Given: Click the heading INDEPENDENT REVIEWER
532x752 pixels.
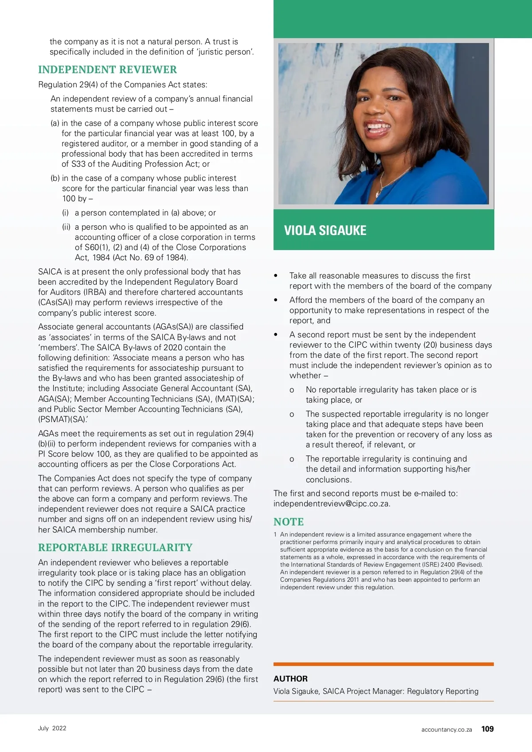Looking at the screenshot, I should (x=107, y=70).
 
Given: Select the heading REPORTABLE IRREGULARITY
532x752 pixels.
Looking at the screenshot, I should (x=115, y=548).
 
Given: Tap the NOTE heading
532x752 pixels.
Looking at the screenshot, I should (x=289, y=522).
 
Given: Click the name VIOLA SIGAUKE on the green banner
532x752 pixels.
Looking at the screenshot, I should (x=325, y=231).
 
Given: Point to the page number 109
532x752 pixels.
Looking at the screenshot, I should (x=487, y=729).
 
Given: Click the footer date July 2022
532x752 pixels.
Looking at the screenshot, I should (x=52, y=728).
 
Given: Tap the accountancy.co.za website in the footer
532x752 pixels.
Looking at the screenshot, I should (x=446, y=729).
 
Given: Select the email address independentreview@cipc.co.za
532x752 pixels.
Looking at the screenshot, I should (x=332, y=504).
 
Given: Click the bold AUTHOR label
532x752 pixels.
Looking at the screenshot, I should (x=290, y=678).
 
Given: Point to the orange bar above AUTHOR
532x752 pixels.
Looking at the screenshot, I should (x=383, y=664).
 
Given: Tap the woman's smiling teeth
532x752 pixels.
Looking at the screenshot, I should (x=378, y=127).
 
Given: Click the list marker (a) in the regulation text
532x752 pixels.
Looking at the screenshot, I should (x=55, y=123).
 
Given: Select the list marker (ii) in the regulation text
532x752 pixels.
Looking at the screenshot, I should (x=66, y=227).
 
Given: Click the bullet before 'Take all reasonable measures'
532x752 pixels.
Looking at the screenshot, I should (x=276, y=276).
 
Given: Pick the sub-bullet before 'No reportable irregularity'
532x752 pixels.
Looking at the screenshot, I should (x=292, y=390).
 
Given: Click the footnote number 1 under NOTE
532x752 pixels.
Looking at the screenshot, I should (x=275, y=535).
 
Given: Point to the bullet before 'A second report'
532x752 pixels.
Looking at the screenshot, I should (x=276, y=335).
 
